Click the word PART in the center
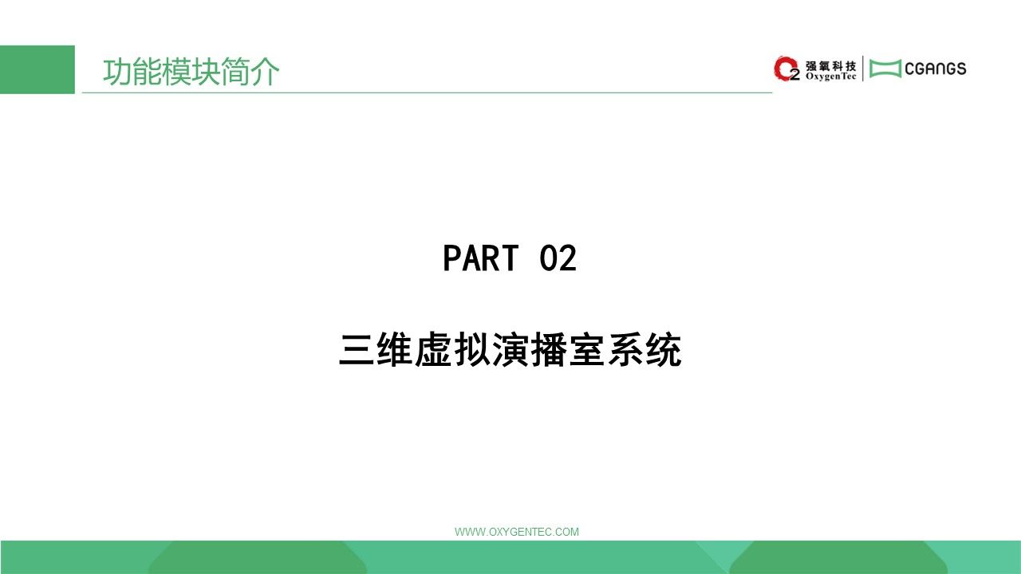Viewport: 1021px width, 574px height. click(481, 258)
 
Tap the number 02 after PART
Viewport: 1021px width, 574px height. click(558, 258)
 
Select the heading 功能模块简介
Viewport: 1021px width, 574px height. click(191, 72)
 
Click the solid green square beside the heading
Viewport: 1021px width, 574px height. click(37, 69)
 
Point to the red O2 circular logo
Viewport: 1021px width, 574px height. click(786, 69)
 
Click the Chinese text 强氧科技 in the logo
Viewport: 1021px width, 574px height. click(830, 66)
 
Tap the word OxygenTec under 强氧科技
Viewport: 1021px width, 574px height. click(830, 77)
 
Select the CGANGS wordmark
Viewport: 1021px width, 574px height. click(936, 69)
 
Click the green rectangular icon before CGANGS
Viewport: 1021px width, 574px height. click(885, 69)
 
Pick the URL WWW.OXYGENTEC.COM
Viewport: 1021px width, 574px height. click(517, 532)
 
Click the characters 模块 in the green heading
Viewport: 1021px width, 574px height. click(191, 72)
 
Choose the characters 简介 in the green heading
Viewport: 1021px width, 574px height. click(250, 72)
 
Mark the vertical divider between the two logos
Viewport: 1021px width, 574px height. click(863, 69)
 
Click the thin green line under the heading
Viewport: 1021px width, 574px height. click(427, 92)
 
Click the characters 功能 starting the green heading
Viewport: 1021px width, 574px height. click(132, 72)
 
